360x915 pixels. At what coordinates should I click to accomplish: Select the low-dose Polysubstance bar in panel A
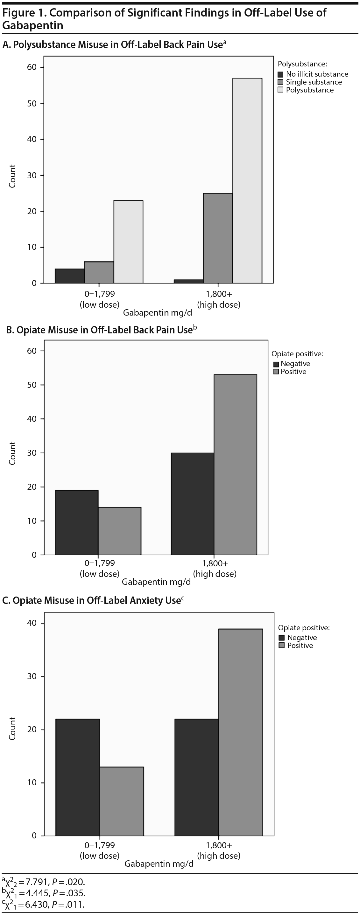point(128,242)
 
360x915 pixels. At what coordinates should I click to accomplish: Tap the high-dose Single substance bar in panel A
point(218,238)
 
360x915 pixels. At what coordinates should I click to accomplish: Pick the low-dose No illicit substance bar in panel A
point(70,276)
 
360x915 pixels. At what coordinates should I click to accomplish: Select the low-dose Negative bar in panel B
point(76,522)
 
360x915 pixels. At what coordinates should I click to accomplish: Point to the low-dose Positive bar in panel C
point(122,801)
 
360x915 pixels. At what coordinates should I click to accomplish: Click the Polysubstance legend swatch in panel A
point(281,90)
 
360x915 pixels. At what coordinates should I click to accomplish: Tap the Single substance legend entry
point(314,82)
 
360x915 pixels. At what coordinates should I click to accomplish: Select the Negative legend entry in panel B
point(295,363)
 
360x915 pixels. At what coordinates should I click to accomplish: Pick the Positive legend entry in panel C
point(300,645)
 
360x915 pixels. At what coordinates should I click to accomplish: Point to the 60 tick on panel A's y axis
point(32,67)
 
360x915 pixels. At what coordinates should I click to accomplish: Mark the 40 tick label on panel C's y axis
point(32,623)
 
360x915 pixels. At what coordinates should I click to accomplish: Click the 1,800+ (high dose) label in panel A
point(219,299)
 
